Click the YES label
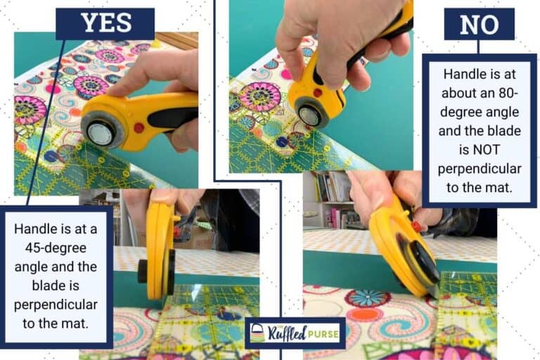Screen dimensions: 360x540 tap(105, 23)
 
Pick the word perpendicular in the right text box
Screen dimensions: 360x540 tap(480, 169)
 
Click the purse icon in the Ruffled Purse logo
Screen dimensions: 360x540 tap(258, 333)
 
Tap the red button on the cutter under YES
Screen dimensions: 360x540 tap(138, 127)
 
